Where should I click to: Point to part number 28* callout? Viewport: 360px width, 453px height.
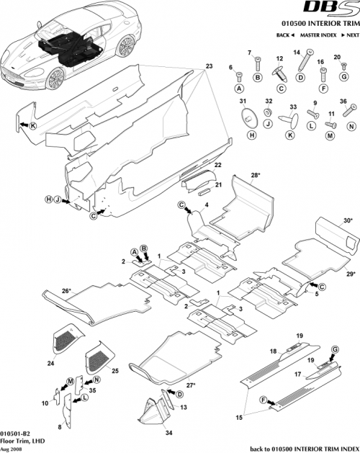[x=256, y=175]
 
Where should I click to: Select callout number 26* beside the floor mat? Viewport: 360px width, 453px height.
[x=46, y=291]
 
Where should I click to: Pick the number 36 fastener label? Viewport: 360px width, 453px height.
[x=343, y=101]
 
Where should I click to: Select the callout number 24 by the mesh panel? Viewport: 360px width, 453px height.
[x=51, y=364]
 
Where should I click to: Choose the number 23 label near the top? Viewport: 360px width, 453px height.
[x=209, y=66]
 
